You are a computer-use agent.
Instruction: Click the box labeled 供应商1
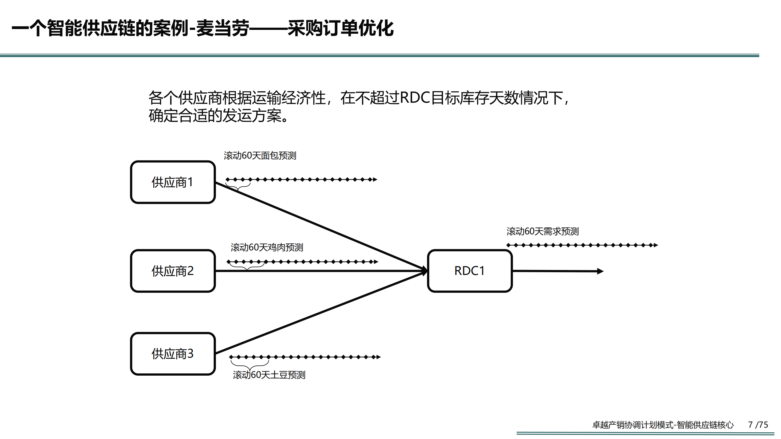click(x=172, y=182)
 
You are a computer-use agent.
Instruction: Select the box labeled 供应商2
click(x=172, y=271)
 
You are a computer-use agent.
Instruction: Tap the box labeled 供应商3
click(x=172, y=354)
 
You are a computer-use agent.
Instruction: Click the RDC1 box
click(x=469, y=271)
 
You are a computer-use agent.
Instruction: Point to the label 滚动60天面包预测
click(x=260, y=156)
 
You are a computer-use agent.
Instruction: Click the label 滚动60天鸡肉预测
click(x=267, y=248)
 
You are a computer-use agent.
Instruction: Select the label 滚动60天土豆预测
click(x=269, y=375)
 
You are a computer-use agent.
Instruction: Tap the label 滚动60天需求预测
click(x=542, y=232)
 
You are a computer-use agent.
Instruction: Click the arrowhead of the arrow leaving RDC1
click(x=600, y=271)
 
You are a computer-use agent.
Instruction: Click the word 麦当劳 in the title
click(x=223, y=28)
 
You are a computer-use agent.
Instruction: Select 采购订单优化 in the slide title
click(x=340, y=28)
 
